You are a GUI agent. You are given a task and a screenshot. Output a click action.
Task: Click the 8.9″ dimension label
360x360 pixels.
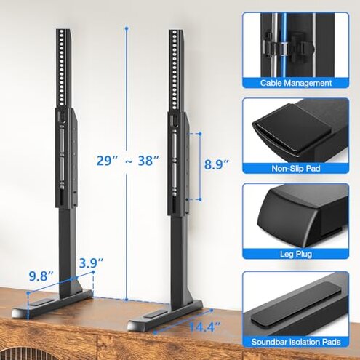217,164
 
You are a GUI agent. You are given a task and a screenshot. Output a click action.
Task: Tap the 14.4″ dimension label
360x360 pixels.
204,327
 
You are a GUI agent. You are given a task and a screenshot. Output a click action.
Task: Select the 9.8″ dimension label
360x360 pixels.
41,276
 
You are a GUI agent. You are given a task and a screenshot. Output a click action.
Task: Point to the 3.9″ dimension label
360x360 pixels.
92,263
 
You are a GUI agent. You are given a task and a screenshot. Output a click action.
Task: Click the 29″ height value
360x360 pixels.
107,161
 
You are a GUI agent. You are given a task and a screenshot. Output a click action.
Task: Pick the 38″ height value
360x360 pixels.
149,161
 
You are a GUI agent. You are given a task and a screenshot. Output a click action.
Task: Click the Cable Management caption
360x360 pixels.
296,83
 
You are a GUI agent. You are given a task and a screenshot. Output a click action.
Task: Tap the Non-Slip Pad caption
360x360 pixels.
296,168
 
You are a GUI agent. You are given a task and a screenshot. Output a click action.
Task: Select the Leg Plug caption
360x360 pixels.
296,254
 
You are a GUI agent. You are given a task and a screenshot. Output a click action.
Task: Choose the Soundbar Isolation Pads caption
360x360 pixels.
296,342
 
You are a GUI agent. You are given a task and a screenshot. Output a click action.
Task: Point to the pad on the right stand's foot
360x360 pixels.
154,314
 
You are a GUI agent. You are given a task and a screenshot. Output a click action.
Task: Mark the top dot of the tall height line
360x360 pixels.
127,29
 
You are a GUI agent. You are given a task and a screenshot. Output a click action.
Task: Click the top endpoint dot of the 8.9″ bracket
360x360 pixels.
200,134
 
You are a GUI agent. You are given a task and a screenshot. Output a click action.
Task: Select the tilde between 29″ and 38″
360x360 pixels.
129,161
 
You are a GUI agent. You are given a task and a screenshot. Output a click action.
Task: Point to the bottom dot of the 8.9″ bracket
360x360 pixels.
200,199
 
